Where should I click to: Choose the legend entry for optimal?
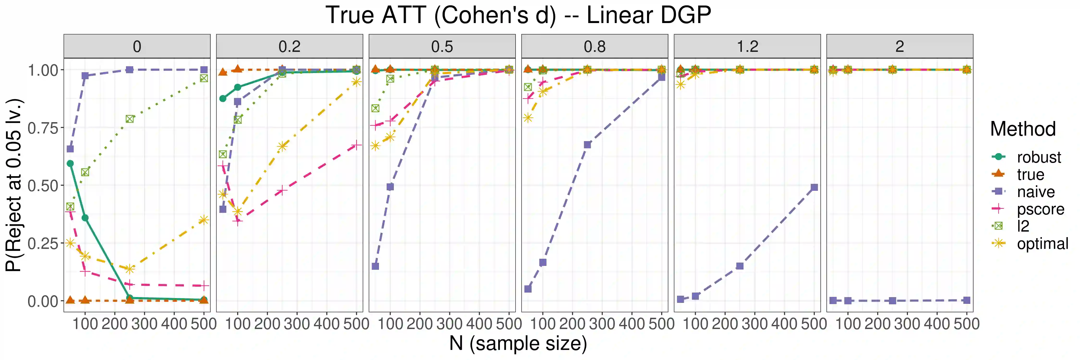pyautogui.click(x=1042, y=244)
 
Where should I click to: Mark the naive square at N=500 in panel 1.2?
pyautogui.click(x=814, y=187)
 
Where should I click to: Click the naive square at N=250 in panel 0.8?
pyautogui.click(x=587, y=144)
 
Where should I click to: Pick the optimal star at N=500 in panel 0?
pyautogui.click(x=204, y=220)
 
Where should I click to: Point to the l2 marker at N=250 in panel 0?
pyautogui.click(x=130, y=119)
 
